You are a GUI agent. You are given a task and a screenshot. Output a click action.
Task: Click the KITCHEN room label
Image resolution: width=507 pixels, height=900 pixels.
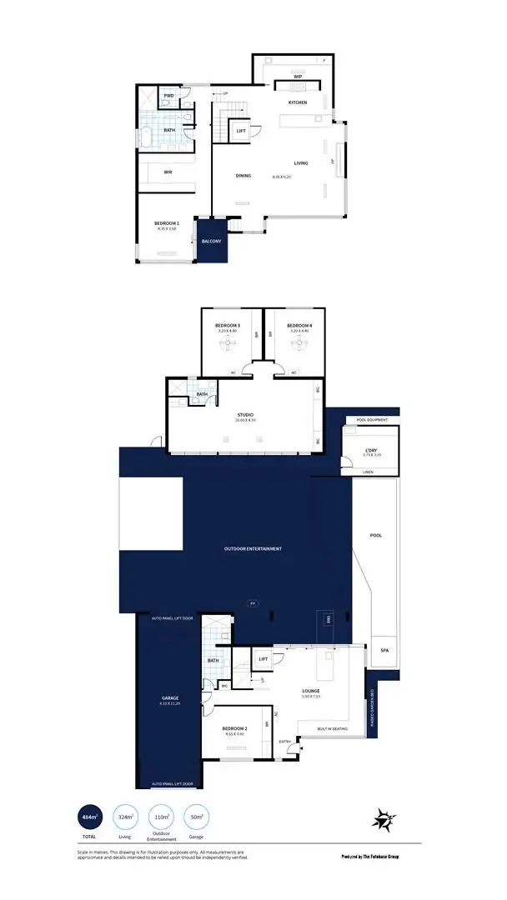(x=298, y=102)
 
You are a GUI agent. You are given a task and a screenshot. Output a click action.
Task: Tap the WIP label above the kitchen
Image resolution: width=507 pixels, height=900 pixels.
(x=298, y=76)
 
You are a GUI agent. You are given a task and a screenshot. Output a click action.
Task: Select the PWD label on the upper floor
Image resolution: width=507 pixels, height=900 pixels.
(x=168, y=96)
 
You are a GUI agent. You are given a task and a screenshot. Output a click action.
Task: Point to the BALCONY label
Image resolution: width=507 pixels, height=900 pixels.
(x=212, y=242)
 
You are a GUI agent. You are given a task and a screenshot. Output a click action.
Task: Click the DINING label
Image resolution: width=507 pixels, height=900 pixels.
(x=243, y=176)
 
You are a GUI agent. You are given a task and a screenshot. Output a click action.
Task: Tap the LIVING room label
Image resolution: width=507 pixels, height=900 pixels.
(x=301, y=162)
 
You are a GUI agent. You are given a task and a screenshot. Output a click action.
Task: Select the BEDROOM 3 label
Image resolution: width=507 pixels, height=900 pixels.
(x=228, y=325)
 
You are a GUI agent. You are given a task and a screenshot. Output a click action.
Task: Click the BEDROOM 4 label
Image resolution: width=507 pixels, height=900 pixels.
(x=299, y=325)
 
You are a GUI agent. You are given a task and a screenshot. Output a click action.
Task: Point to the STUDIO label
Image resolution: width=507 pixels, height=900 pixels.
(x=245, y=414)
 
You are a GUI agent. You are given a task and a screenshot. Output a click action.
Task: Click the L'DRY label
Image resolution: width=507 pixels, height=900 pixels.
(x=373, y=451)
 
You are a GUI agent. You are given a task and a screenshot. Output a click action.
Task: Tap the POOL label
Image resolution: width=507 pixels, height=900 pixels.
(x=376, y=535)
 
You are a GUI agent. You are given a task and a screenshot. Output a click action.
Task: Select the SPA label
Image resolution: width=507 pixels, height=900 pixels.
(x=384, y=649)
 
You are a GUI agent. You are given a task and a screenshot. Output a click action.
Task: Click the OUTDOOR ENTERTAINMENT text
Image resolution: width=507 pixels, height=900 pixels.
(x=253, y=549)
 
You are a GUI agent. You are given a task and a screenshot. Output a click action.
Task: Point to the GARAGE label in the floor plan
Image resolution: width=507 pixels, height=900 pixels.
(x=170, y=697)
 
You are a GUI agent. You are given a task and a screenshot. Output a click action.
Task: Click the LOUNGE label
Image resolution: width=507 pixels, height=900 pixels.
(x=311, y=691)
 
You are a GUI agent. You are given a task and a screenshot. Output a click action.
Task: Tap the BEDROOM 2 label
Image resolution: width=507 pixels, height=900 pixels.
(x=234, y=729)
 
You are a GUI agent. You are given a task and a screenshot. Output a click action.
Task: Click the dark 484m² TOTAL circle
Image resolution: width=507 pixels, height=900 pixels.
(x=89, y=817)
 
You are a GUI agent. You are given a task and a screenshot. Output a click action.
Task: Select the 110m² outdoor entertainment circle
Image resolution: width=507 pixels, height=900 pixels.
(x=159, y=817)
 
